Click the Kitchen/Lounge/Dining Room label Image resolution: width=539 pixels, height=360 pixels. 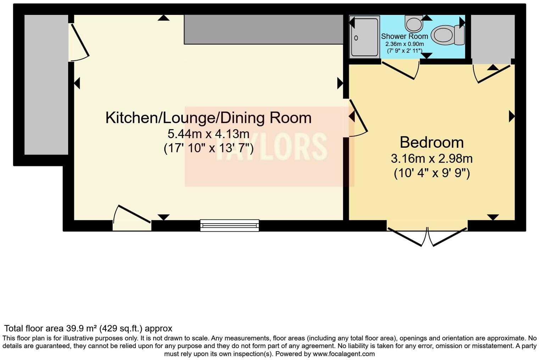pyautogui.click(x=208, y=118)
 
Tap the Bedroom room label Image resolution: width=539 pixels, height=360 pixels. pyautogui.click(x=432, y=142)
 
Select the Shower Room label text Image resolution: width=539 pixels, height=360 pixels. pyautogui.click(x=404, y=36)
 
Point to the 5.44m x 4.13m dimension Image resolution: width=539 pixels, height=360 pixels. pyautogui.click(x=208, y=134)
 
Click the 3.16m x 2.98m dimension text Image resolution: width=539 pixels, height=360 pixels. pyautogui.click(x=432, y=158)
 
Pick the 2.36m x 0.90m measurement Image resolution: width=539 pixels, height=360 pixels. pyautogui.click(x=404, y=44)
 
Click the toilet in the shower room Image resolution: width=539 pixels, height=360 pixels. pyautogui.click(x=448, y=35)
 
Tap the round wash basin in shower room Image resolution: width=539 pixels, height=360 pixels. pyautogui.click(x=413, y=24)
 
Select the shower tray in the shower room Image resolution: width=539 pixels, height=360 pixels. pyautogui.click(x=364, y=37)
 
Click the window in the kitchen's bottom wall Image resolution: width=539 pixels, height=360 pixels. pyautogui.click(x=229, y=225)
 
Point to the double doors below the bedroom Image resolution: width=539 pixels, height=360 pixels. pyautogui.click(x=427, y=236)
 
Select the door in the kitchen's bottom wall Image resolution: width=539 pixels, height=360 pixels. pyautogui.click(x=132, y=217)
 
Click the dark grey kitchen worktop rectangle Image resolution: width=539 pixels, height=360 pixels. pyautogui.click(x=263, y=29)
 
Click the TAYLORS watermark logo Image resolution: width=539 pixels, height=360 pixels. pyautogui.click(x=269, y=146)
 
